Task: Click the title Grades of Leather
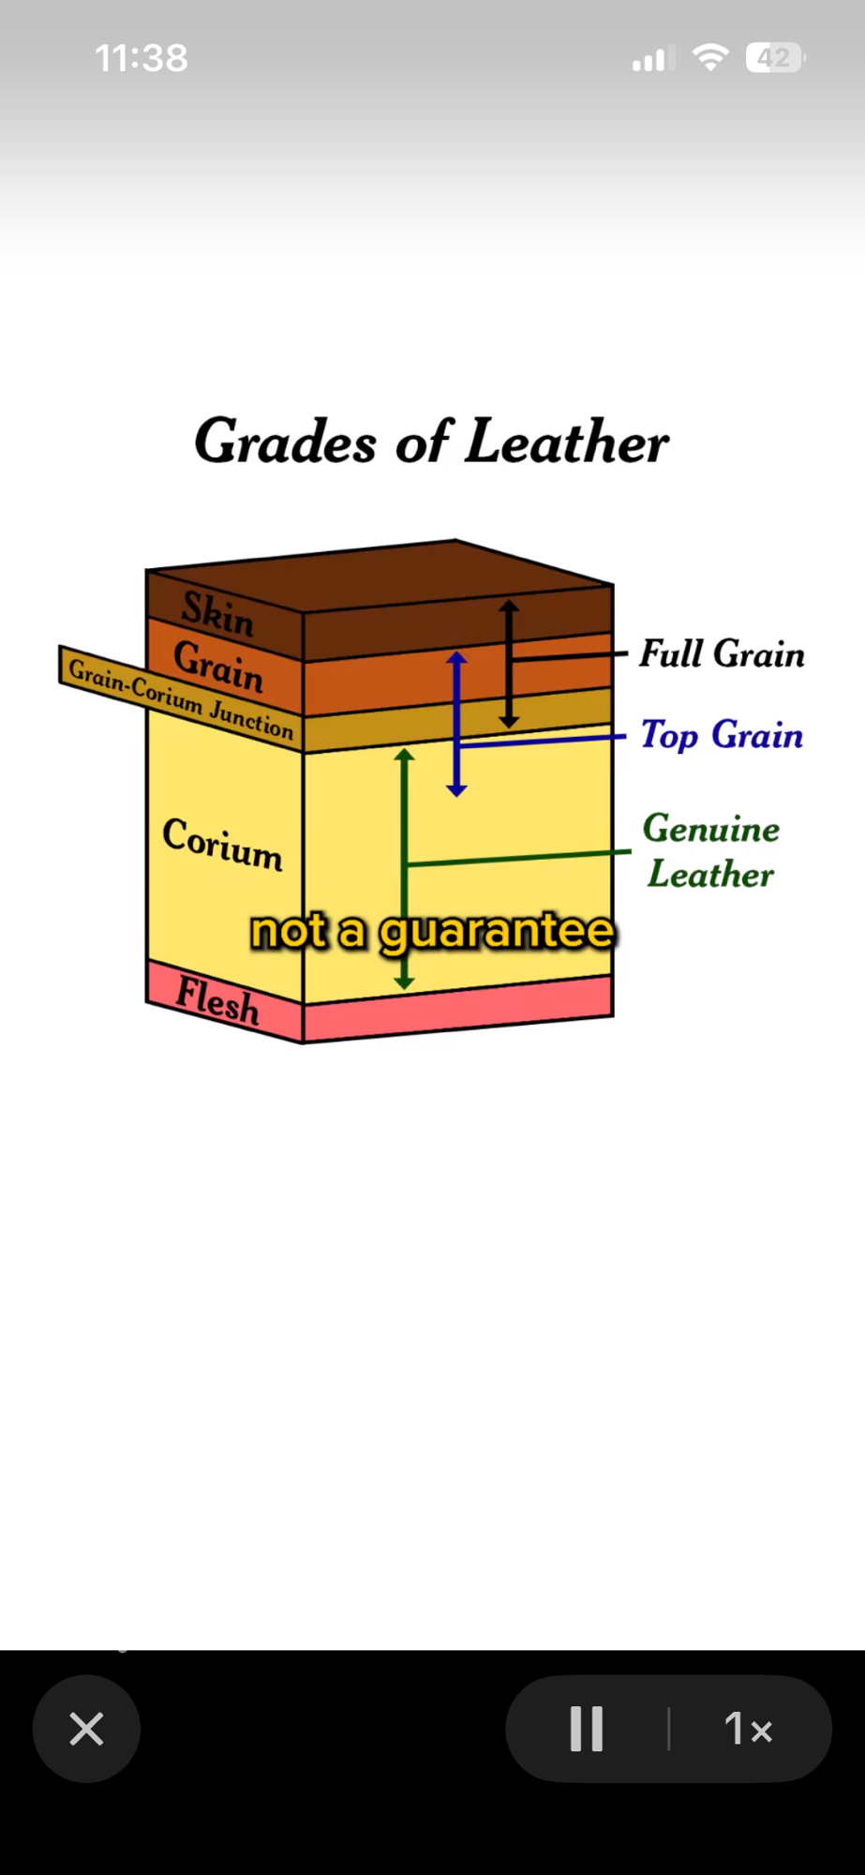(431, 441)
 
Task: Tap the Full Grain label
(722, 653)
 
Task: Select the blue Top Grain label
(722, 735)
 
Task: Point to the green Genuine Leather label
(711, 851)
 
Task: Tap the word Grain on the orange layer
(218, 666)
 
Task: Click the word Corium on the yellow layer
(222, 844)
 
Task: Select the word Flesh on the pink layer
(217, 1000)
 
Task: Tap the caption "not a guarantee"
(432, 931)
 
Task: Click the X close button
(86, 1729)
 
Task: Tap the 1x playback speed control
(748, 1729)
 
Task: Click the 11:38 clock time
(142, 58)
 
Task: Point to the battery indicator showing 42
(774, 58)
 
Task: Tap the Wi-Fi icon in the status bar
(710, 58)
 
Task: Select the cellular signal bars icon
(649, 60)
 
